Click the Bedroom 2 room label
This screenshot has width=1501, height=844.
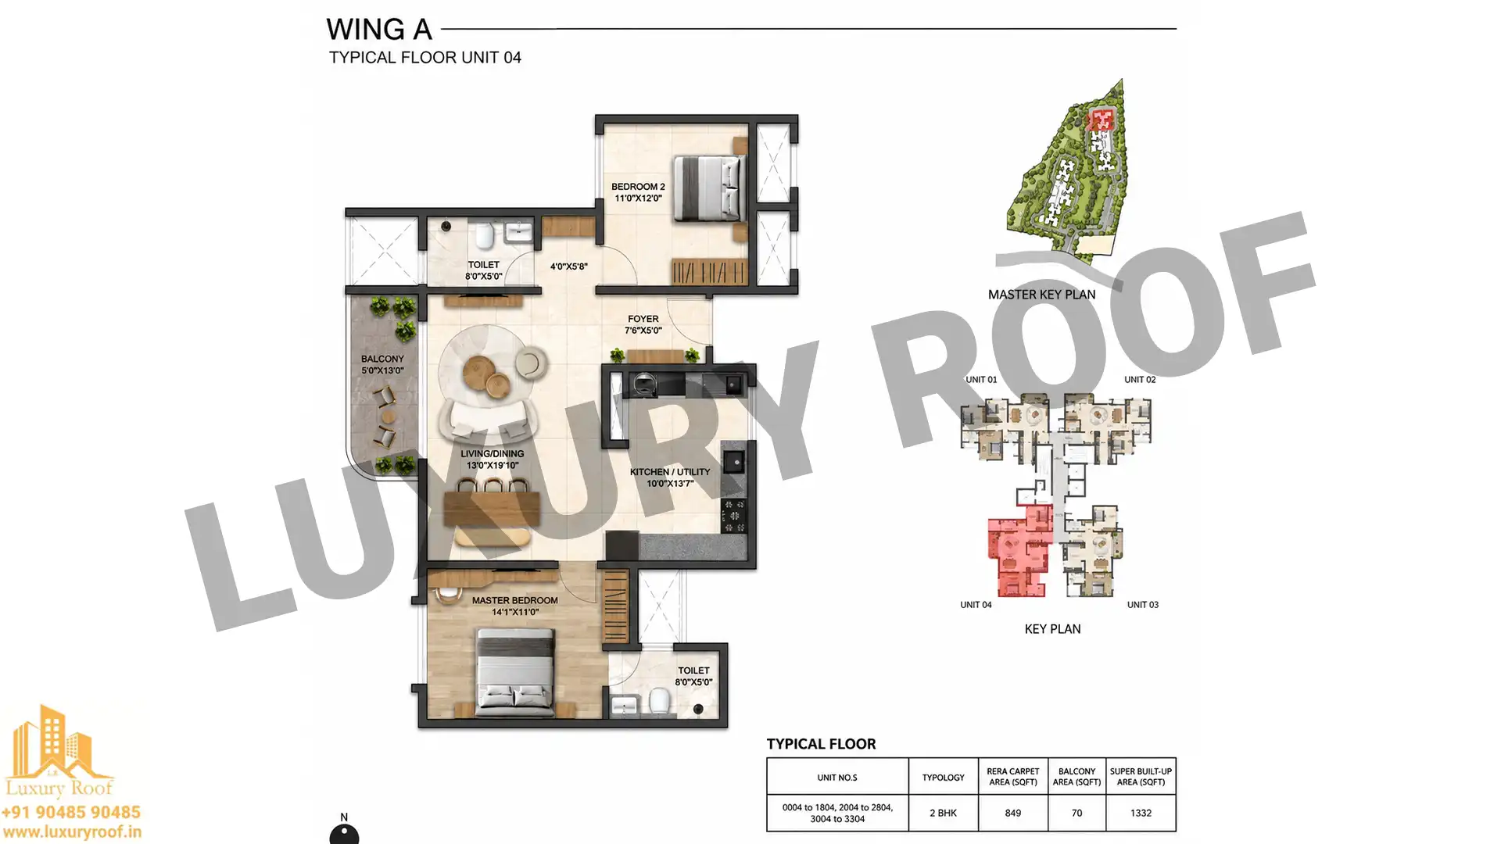(638, 192)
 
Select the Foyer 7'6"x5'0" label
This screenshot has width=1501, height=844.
(643, 324)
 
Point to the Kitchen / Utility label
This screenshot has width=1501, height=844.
(670, 477)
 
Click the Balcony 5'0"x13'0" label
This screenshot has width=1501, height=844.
(382, 365)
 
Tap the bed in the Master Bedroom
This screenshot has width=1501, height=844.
(516, 674)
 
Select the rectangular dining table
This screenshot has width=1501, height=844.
(492, 509)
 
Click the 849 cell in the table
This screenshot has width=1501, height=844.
(1012, 813)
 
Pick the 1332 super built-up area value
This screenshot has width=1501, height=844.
(1141, 813)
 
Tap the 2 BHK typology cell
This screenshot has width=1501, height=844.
(943, 813)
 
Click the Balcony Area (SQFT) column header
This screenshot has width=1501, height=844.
(1076, 777)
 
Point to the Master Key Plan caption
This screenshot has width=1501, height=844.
(1041, 295)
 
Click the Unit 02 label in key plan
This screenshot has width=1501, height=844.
(1140, 380)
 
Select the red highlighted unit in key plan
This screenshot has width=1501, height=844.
(1019, 551)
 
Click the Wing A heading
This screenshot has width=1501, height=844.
(379, 30)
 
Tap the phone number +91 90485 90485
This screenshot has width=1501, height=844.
(71, 813)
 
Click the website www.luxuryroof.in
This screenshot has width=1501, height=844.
(71, 833)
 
